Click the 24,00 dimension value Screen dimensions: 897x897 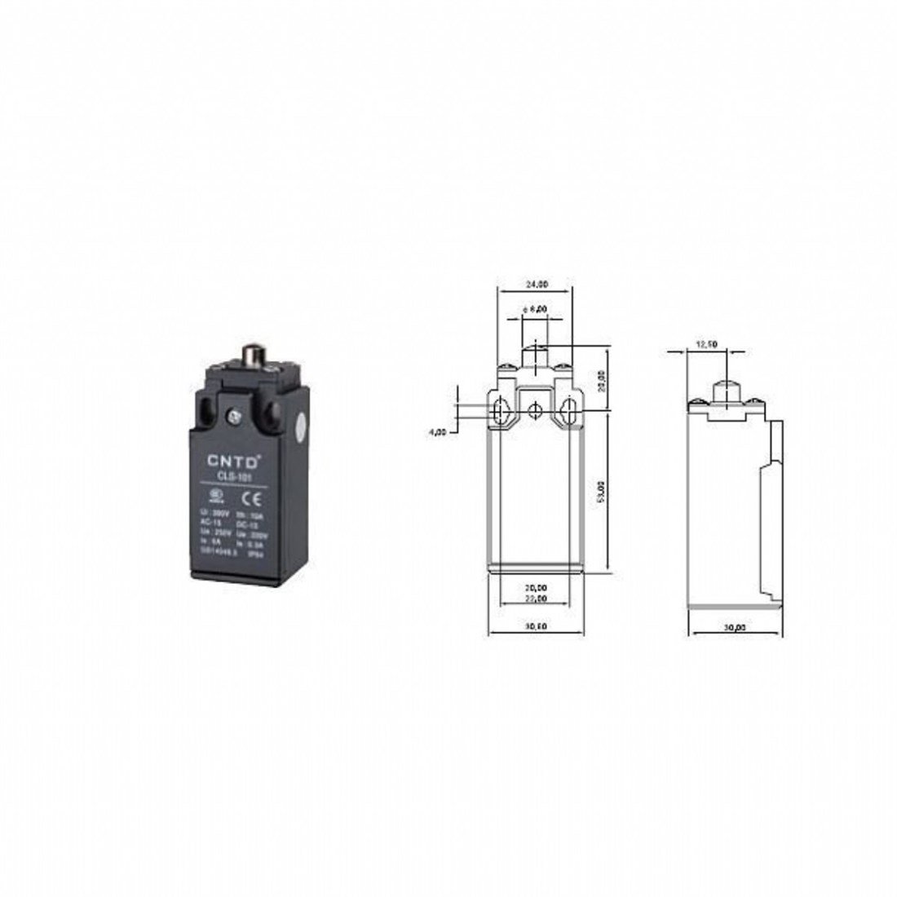click(x=536, y=285)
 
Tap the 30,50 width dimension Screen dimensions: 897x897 click(x=536, y=627)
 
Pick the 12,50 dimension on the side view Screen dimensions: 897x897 click(x=705, y=345)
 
